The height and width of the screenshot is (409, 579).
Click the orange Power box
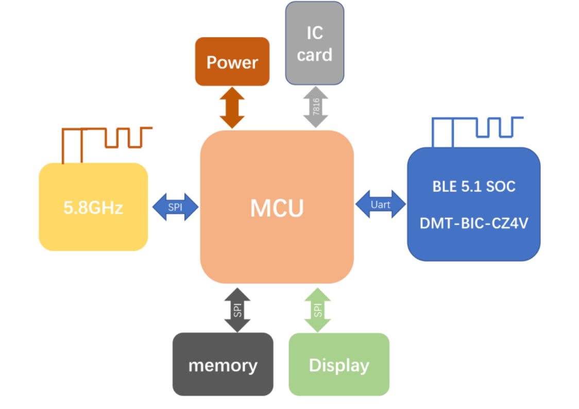click(232, 61)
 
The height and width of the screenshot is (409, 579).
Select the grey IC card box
click(314, 43)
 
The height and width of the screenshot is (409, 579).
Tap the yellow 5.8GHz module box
click(93, 207)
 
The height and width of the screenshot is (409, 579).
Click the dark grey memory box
click(223, 364)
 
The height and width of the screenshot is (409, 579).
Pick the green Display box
click(339, 364)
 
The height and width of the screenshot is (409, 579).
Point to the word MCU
click(277, 208)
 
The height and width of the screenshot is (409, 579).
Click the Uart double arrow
click(381, 204)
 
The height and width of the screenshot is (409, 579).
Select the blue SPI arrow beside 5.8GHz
click(175, 207)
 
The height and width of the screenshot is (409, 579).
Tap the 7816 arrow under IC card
click(316, 107)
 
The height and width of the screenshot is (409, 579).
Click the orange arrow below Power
click(232, 108)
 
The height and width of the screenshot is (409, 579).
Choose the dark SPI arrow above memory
click(237, 309)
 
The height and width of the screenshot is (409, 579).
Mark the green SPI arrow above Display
click(317, 309)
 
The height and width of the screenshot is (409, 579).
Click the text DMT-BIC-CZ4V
click(473, 224)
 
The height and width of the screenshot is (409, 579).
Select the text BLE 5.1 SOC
click(473, 186)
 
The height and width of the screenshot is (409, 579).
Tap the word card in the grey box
click(314, 55)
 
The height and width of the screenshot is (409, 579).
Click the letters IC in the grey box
click(314, 33)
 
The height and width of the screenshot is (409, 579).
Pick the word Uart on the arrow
click(381, 204)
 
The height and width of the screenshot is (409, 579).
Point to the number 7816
click(316, 107)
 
